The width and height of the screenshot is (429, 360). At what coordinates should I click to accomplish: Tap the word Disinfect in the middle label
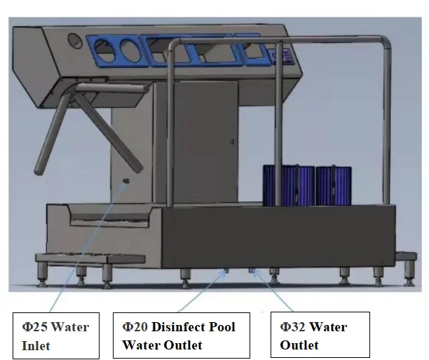[182, 327]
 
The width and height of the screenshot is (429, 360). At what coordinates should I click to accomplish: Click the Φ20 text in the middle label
[135, 327]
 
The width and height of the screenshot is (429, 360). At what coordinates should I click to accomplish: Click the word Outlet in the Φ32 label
[299, 345]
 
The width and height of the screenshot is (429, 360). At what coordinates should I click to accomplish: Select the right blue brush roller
[333, 186]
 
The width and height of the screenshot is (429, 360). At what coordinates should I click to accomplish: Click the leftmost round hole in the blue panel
[104, 50]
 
